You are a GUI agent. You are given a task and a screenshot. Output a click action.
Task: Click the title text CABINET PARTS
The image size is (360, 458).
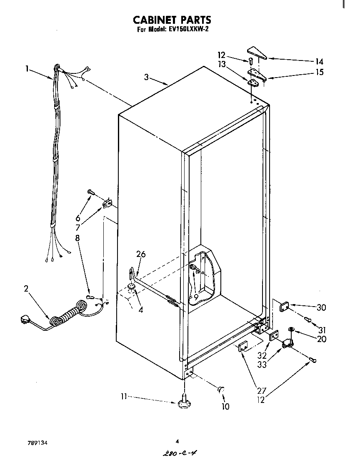(x=172, y=20)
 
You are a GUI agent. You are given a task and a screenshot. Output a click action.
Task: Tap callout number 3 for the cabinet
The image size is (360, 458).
(x=146, y=77)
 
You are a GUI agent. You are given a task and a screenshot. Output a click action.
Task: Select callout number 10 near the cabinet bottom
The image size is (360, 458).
(x=225, y=407)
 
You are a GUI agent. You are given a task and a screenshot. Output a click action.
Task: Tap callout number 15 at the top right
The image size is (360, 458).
(x=319, y=72)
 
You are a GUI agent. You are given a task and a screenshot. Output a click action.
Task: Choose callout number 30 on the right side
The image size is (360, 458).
(x=321, y=307)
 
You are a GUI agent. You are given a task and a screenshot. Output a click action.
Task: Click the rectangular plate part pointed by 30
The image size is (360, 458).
(x=284, y=307)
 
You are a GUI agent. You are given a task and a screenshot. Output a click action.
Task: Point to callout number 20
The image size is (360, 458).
(x=321, y=339)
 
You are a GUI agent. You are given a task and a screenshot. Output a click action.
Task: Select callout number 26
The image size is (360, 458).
(x=141, y=254)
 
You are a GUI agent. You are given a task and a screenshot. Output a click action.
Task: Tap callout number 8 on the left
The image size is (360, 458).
(x=77, y=238)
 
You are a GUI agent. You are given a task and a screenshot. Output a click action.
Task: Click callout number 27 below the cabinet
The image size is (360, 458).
(x=261, y=390)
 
